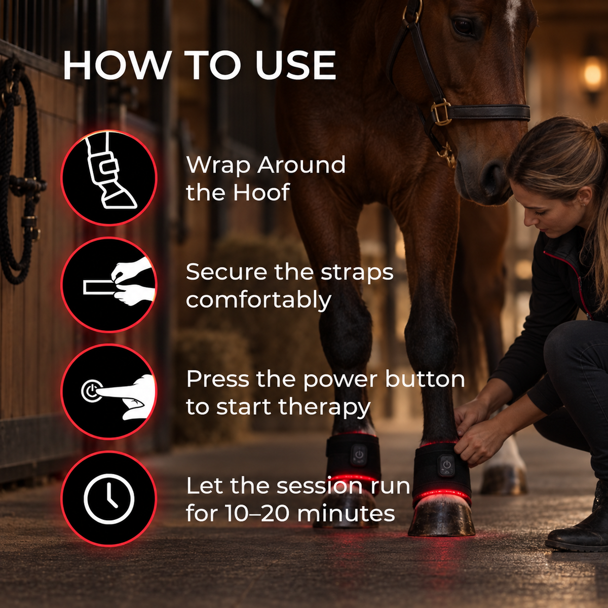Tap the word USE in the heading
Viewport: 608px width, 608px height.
295,65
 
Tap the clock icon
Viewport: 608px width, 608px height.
109,499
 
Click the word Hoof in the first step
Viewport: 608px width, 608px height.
261,192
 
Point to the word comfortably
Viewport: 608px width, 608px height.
258,300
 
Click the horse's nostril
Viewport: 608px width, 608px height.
492,177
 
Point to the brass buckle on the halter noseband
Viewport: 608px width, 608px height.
441,112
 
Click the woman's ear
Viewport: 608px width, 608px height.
585,196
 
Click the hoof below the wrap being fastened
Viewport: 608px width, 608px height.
441,514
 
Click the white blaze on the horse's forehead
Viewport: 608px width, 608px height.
511,13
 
